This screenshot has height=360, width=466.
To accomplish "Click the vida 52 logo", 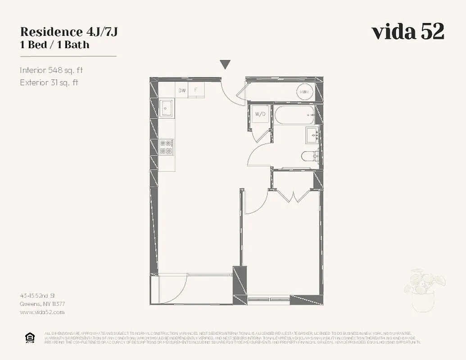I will point(407,31).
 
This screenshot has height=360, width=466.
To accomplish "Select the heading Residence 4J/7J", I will point(69,32).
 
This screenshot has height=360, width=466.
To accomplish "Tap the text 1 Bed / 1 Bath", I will point(54,45).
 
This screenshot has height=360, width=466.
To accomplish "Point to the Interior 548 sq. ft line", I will point(51,70).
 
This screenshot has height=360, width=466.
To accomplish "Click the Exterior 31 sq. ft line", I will point(49,82).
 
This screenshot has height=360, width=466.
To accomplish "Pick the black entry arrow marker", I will point(226,65).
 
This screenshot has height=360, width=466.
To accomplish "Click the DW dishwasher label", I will point(182,90).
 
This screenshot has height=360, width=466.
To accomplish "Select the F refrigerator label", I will point(196,90).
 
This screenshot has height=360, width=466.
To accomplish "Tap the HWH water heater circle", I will point(305,92).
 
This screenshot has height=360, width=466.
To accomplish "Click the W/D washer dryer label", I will point(260,114).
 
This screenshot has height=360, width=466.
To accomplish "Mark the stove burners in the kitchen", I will point(167,147).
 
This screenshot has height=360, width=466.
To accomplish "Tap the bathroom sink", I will point(312,135).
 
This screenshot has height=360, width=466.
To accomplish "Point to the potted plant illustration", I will point(424,290).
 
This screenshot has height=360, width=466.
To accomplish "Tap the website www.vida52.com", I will point(42,312).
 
